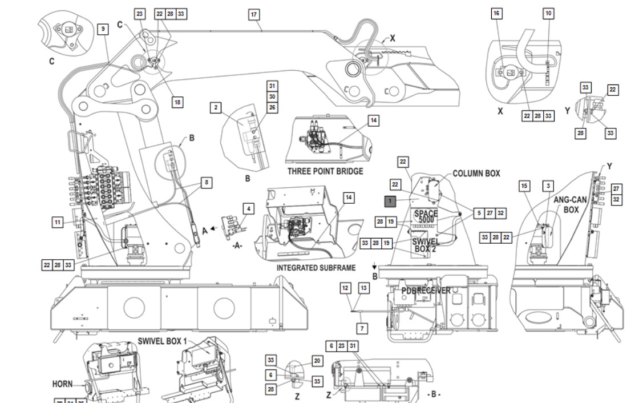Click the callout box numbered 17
(x=254, y=14)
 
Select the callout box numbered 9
(x=103, y=29)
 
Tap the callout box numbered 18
(x=177, y=102)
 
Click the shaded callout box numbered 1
(x=390, y=201)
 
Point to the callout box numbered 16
(x=497, y=14)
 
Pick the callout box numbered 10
(x=548, y=14)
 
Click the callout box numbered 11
(x=58, y=223)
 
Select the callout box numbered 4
(x=247, y=208)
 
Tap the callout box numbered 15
(x=524, y=186)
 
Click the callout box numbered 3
(x=548, y=186)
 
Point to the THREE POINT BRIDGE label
(x=325, y=171)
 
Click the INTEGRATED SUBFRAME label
(x=316, y=267)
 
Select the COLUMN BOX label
(x=476, y=174)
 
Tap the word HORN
(x=63, y=384)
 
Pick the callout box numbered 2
(x=216, y=108)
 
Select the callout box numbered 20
(x=317, y=361)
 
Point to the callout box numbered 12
(x=345, y=288)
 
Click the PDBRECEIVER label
(x=426, y=291)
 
